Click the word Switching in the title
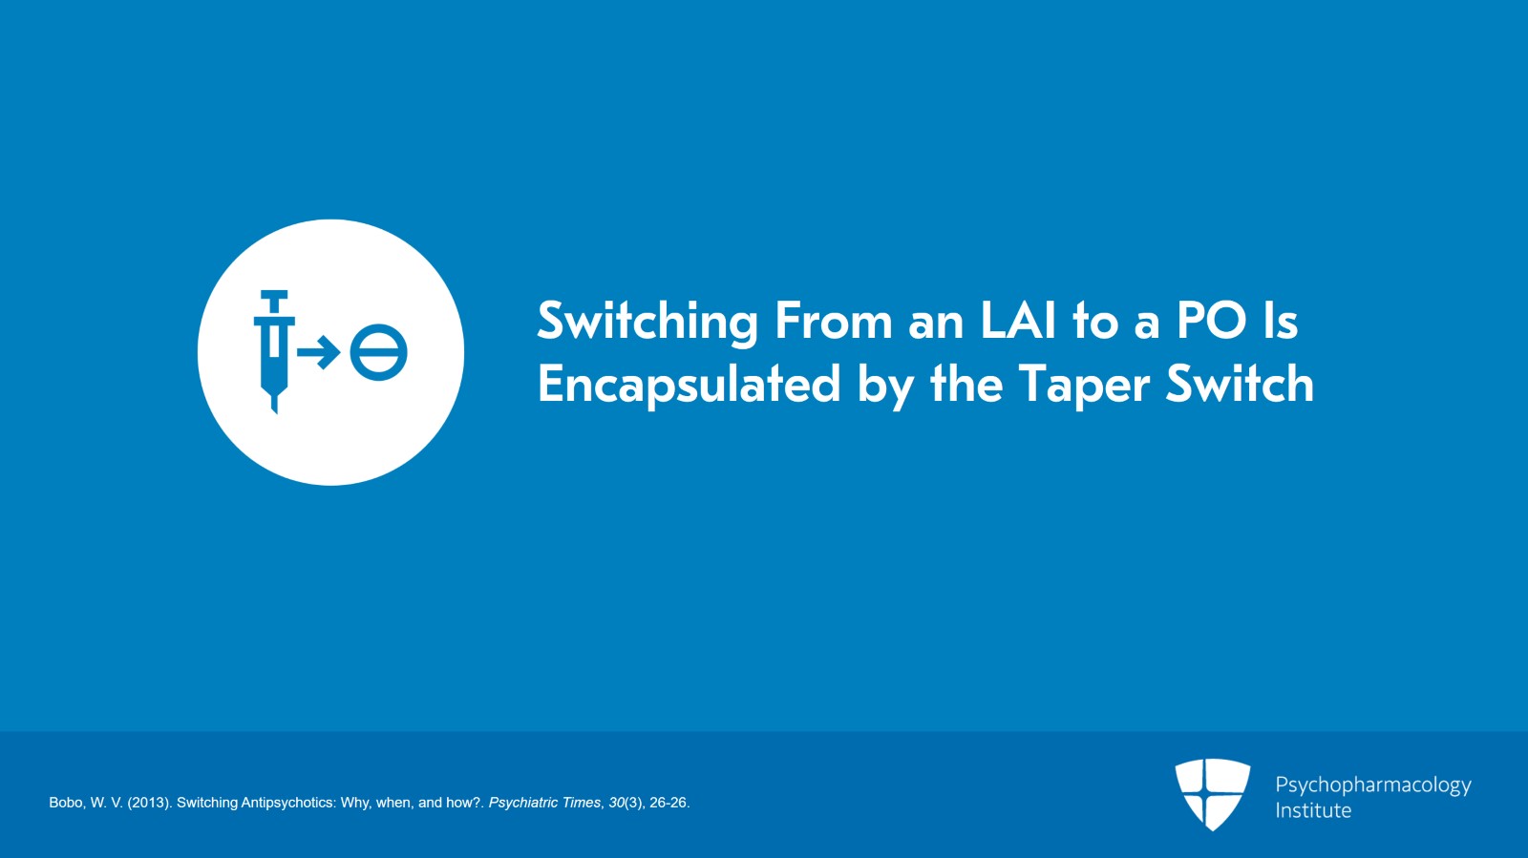647,322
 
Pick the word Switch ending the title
1240,384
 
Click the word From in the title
834,321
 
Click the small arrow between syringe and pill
319,352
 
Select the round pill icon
378,352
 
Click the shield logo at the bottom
1212,793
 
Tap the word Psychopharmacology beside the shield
1372,785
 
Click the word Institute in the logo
1313,810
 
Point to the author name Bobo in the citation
66,803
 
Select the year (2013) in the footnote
148,803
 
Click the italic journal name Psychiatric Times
544,803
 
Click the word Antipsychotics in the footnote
286,803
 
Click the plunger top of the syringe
274,296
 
